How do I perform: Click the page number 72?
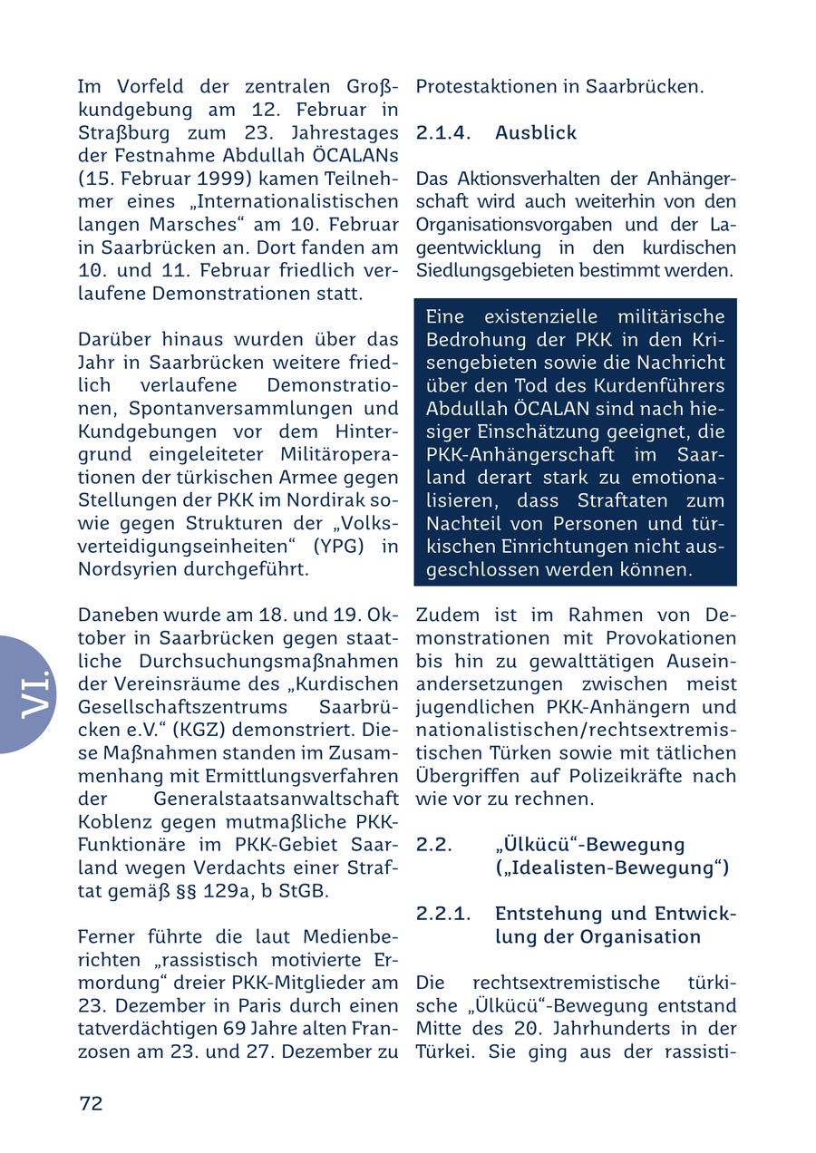[x=91, y=1103]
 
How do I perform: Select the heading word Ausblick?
[x=535, y=132]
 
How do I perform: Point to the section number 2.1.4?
[x=443, y=132]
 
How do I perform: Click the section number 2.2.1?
[x=443, y=913]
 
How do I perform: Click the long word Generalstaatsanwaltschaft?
[x=276, y=799]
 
